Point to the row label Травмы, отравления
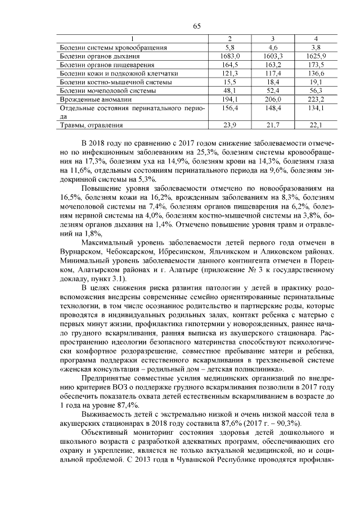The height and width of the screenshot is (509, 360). [91, 125]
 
